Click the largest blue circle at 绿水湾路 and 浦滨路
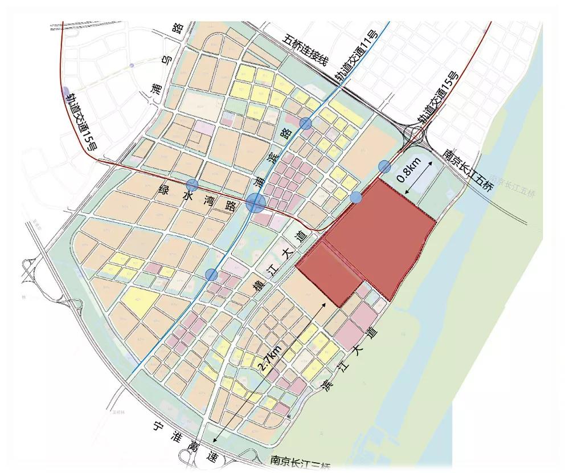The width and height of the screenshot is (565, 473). [256, 202]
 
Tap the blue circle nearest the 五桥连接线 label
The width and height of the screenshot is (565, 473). [306, 123]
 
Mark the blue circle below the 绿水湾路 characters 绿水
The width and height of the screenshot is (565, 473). [192, 185]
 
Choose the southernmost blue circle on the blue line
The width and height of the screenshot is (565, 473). [211, 275]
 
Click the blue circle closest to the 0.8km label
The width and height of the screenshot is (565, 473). [384, 166]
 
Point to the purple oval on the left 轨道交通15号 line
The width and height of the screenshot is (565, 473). [67, 92]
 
